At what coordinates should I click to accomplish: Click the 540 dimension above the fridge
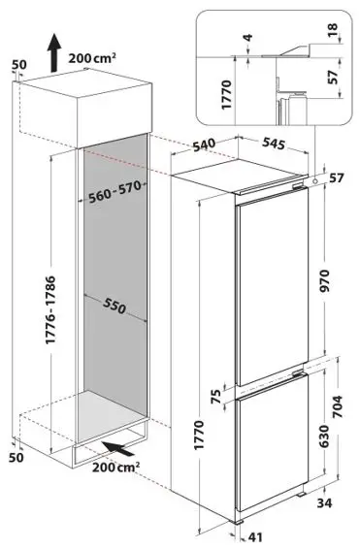coord(232,146)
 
